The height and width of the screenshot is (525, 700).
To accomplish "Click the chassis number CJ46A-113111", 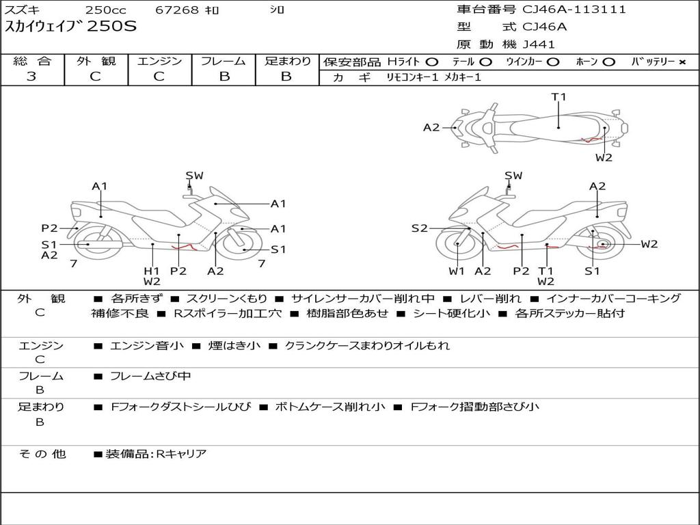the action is [x=574, y=10].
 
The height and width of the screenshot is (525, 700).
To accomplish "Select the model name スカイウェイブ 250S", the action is [x=70, y=27].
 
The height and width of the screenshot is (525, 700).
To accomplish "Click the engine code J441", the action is [x=539, y=44].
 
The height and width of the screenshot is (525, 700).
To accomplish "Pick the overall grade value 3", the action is [x=31, y=76].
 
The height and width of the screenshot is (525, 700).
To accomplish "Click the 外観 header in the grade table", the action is [x=96, y=61].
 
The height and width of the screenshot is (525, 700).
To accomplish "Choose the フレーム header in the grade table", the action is [x=224, y=61].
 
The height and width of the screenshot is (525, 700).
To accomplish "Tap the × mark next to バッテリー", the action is [x=682, y=62].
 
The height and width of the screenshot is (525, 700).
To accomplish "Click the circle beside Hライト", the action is [x=432, y=62].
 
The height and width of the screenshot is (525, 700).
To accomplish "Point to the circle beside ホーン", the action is [x=608, y=62].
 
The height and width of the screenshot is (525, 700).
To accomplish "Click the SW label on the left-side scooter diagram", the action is [x=194, y=176].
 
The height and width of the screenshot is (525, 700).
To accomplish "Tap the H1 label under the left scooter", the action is [x=152, y=271].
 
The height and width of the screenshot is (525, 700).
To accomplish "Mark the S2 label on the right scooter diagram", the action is [x=419, y=228].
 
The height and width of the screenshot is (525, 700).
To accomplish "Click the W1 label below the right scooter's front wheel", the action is [x=456, y=271].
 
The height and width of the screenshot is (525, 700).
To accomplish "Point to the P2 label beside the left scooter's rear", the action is [x=49, y=228].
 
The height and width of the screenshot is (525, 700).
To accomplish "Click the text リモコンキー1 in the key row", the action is [x=412, y=77].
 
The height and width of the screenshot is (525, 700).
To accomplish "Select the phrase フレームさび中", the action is [x=150, y=377].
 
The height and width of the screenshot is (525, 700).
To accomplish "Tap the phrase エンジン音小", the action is [x=147, y=345].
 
